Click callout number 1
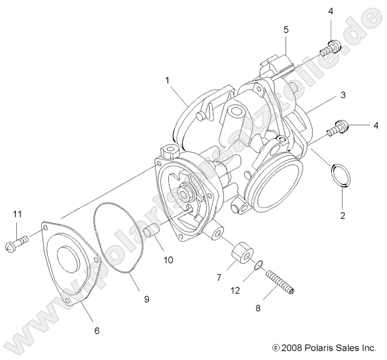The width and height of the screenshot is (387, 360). [167, 81]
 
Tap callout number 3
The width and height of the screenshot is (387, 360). [343, 95]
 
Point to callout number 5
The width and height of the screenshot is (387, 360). [286, 30]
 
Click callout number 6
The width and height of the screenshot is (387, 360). [96, 331]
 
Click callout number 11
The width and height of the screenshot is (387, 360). [17, 214]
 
